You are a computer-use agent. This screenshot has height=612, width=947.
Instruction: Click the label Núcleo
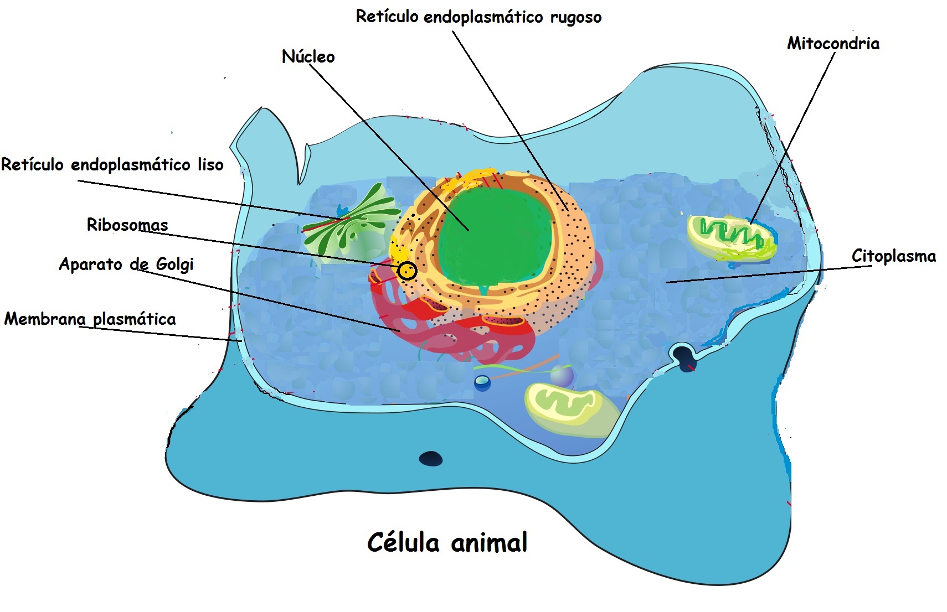click(308, 56)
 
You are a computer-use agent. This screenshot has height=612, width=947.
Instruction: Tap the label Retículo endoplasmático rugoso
click(478, 17)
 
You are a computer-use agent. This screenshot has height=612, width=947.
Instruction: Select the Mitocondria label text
click(833, 43)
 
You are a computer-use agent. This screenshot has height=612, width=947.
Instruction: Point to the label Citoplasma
click(893, 256)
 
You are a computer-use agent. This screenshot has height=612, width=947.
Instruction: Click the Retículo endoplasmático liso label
click(112, 164)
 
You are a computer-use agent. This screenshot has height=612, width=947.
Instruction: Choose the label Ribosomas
click(127, 225)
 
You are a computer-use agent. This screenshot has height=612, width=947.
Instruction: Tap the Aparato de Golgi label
click(126, 264)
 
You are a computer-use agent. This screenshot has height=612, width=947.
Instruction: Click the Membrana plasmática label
click(90, 319)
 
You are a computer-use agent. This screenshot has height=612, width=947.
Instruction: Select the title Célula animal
click(447, 542)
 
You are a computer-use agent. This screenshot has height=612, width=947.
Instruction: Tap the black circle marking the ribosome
click(408, 271)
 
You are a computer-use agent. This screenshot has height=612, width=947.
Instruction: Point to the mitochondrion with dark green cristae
click(731, 237)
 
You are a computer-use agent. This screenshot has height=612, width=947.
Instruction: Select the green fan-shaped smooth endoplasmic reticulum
click(349, 224)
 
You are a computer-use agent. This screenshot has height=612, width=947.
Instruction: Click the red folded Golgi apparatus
click(454, 332)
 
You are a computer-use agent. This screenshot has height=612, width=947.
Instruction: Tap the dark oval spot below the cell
click(430, 459)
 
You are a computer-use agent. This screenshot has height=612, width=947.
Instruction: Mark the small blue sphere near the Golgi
click(482, 382)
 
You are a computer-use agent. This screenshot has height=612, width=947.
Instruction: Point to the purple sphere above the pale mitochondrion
click(562, 375)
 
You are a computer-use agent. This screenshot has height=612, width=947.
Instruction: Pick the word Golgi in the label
click(174, 264)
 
